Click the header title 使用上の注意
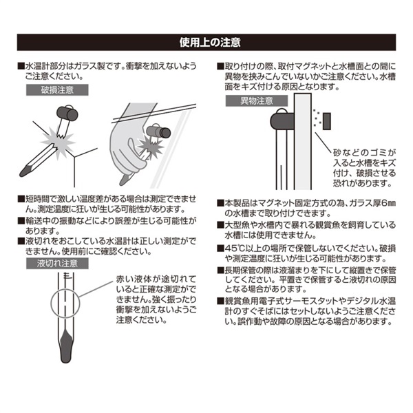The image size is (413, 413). pyautogui.click(x=210, y=42)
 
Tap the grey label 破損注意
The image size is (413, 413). pyautogui.click(x=57, y=90)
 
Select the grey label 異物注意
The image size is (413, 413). pyautogui.click(x=257, y=101)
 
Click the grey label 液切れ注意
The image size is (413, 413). pyautogui.click(x=57, y=264)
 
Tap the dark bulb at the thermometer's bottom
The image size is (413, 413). pyautogui.click(x=66, y=348)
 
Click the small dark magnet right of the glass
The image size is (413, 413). pyautogui.click(x=326, y=121)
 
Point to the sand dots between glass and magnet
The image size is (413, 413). pyautogui.click(x=317, y=117)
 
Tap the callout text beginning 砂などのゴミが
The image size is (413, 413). pyautogui.click(x=365, y=168)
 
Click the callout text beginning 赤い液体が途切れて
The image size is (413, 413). pyautogui.click(x=156, y=299)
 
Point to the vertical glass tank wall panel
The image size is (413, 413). pyautogui.click(x=303, y=141)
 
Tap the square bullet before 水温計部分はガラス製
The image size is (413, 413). pyautogui.click(x=21, y=66)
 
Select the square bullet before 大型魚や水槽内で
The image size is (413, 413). pyautogui.click(x=221, y=225)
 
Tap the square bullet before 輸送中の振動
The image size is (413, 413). pyautogui.click(x=21, y=221)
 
